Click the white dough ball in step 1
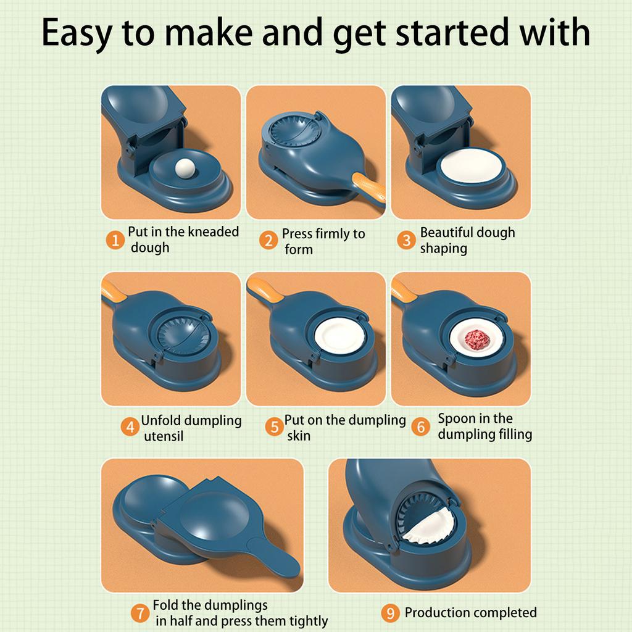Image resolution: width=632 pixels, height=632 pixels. pyautogui.click(x=185, y=168)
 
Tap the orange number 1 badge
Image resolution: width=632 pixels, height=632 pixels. pyautogui.click(x=115, y=240)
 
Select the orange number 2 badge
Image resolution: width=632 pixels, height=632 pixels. pyautogui.click(x=268, y=240)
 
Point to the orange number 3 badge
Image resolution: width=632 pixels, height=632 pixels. pyautogui.click(x=406, y=240)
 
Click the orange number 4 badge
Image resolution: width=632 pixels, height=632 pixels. pyautogui.click(x=130, y=426)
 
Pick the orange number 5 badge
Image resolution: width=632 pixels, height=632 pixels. pyautogui.click(x=275, y=426)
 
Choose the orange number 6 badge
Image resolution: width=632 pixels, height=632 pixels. pyautogui.click(x=421, y=426)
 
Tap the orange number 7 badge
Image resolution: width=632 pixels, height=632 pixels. pyautogui.click(x=140, y=613)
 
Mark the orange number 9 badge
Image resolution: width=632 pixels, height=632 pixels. pyautogui.click(x=390, y=613)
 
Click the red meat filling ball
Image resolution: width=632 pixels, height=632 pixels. pyautogui.click(x=477, y=339)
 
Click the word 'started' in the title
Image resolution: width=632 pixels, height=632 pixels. pyautogui.click(x=452, y=32)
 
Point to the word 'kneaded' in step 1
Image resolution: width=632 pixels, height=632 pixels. pyautogui.click(x=214, y=232)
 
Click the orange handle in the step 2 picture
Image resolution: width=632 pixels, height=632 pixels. pyautogui.click(x=368, y=189)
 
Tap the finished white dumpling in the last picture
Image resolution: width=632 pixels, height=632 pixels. pyautogui.click(x=430, y=526)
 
